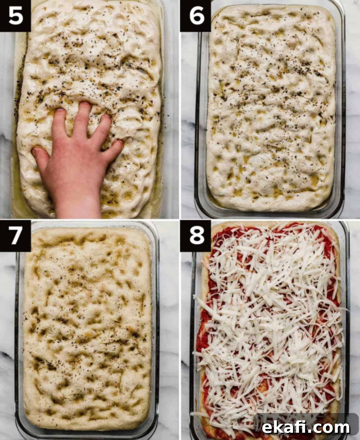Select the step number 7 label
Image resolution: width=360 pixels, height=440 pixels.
click(16, 235)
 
